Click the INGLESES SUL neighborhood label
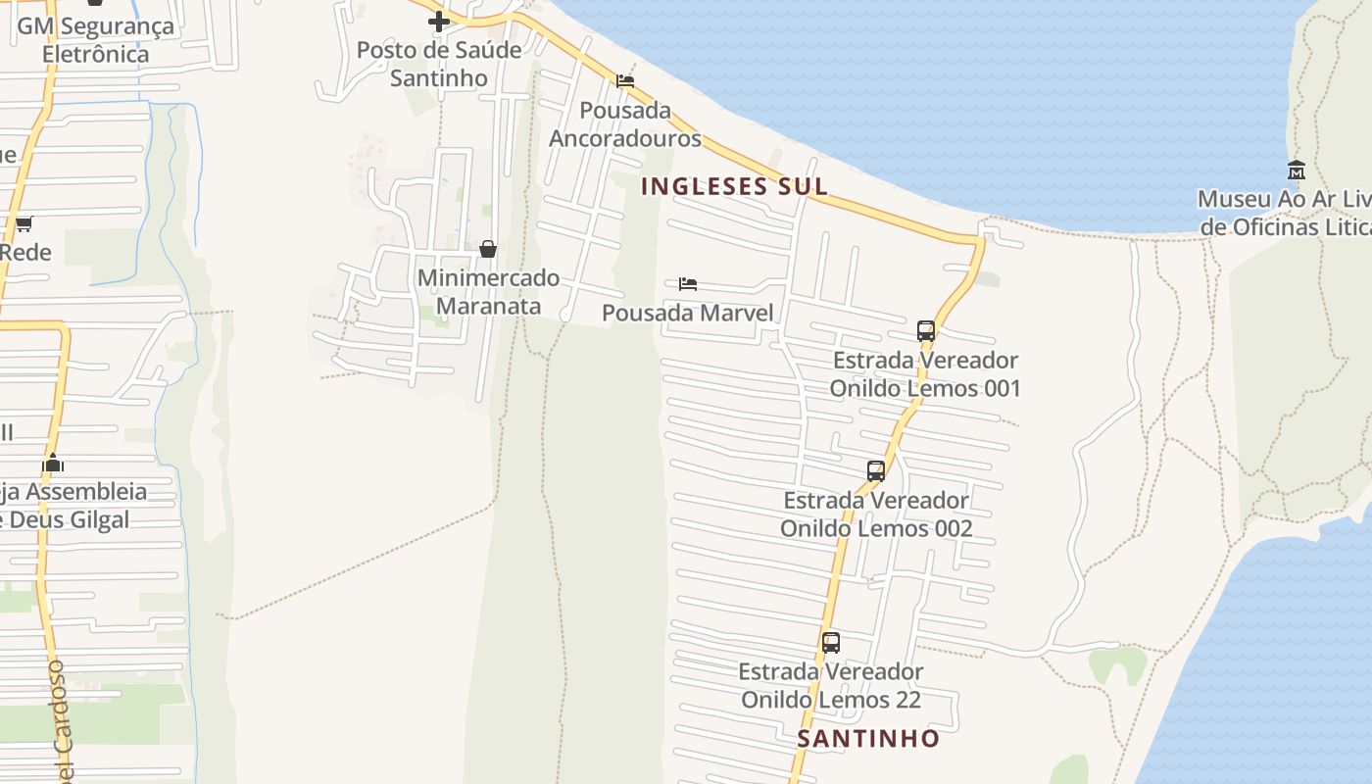click(734, 186)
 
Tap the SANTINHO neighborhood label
click(868, 738)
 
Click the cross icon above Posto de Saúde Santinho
click(439, 21)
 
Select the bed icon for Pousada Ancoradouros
click(625, 80)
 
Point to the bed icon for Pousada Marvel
click(688, 284)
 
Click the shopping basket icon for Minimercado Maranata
click(488, 249)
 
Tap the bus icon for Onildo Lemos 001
click(926, 331)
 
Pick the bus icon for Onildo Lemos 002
click(876, 471)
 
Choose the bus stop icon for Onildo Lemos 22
click(831, 643)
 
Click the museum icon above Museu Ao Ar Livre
click(1297, 171)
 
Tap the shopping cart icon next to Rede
click(24, 224)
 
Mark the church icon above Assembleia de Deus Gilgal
click(53, 463)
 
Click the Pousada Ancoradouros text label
click(625, 123)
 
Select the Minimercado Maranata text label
click(488, 292)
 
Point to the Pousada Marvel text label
click(688, 313)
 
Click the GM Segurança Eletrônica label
click(96, 39)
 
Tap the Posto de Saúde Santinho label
click(439, 64)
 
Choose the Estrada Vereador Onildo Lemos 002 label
click(876, 514)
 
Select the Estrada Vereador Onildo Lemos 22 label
click(831, 686)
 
